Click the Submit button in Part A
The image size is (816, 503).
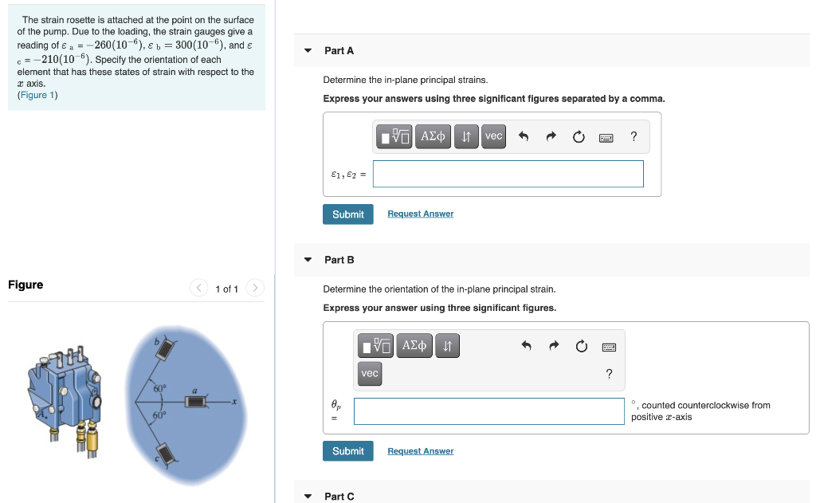(x=347, y=214)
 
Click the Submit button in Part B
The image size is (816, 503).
(x=347, y=451)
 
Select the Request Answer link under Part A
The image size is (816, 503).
(x=421, y=214)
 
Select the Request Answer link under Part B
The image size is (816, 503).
(x=421, y=451)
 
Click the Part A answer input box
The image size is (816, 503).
(x=508, y=174)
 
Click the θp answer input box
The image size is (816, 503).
(x=488, y=411)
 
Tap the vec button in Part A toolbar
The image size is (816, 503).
(x=493, y=136)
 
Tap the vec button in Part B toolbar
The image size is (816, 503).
(x=370, y=373)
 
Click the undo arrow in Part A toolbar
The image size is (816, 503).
(x=524, y=136)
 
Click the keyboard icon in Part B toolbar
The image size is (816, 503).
(x=609, y=347)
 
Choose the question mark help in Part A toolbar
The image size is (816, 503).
(x=634, y=136)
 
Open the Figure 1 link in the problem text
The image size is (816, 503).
(x=37, y=95)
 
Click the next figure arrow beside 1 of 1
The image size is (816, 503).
(x=254, y=288)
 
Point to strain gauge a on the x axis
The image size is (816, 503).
(x=196, y=402)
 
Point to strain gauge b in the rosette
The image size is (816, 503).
(x=166, y=349)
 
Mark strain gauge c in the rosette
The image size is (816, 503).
(x=167, y=454)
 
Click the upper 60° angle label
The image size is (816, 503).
(x=159, y=388)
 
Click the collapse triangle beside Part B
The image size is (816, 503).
(x=308, y=259)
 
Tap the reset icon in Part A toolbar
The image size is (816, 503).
(x=579, y=136)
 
